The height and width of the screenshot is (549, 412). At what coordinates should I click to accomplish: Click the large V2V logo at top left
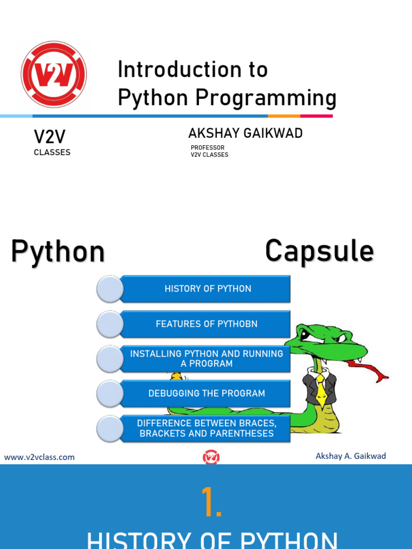click(54, 74)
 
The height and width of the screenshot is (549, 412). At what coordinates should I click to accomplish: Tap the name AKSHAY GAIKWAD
click(245, 133)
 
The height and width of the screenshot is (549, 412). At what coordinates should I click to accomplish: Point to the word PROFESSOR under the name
click(208, 147)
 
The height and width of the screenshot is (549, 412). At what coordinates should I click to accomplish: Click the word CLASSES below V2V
click(52, 152)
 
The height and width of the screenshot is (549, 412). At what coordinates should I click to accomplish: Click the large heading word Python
click(58, 251)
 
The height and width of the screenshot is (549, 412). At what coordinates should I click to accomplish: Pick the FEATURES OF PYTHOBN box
click(207, 324)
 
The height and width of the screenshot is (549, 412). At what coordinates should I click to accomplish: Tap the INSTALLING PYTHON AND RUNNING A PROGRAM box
click(207, 359)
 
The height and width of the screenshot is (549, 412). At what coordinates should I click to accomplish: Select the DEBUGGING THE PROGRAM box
click(207, 394)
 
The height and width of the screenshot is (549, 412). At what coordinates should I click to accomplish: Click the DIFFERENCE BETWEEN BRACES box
click(207, 428)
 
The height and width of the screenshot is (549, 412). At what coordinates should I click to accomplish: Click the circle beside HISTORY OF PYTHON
click(109, 289)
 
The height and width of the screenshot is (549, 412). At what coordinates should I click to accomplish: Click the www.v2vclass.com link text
click(40, 457)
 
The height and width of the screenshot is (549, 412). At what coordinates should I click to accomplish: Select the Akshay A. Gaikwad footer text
click(351, 456)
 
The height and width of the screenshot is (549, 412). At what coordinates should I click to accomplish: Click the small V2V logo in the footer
click(211, 457)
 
